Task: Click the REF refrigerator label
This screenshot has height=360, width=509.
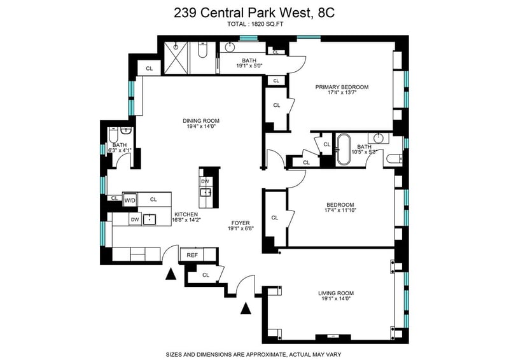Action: tap(192, 255)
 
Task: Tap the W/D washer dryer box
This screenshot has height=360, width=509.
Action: tap(130, 200)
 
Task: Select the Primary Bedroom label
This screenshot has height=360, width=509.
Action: tap(342, 87)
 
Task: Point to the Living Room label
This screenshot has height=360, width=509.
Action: tap(336, 293)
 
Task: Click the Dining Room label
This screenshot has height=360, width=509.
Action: tap(201, 121)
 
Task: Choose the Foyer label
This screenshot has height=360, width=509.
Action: tap(241, 223)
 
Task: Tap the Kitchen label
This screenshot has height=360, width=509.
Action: tap(186, 214)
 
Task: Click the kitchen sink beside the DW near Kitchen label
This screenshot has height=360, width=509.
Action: tap(150, 219)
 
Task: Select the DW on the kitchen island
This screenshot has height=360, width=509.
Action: tap(205, 181)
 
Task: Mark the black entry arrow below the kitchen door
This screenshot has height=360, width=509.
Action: tap(171, 275)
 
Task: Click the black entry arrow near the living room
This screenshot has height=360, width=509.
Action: tap(246, 308)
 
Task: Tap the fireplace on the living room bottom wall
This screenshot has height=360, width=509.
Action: tap(333, 336)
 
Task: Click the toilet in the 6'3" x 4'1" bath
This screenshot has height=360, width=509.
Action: tap(114, 133)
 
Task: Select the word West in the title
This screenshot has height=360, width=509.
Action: tap(293, 13)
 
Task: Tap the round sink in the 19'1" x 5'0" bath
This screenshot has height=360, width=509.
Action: tap(230, 47)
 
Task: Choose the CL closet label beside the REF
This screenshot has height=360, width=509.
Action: tap(206, 275)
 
